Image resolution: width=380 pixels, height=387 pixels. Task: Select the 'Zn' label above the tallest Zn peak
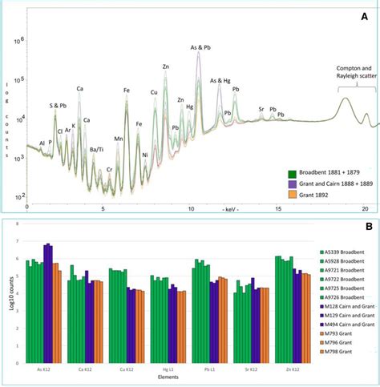click(x=165, y=67)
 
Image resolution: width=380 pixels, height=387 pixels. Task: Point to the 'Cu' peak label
click(x=153, y=93)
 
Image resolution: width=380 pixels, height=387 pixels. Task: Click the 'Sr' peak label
click(x=261, y=108)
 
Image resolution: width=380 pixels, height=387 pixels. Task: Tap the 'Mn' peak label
click(x=119, y=139)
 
